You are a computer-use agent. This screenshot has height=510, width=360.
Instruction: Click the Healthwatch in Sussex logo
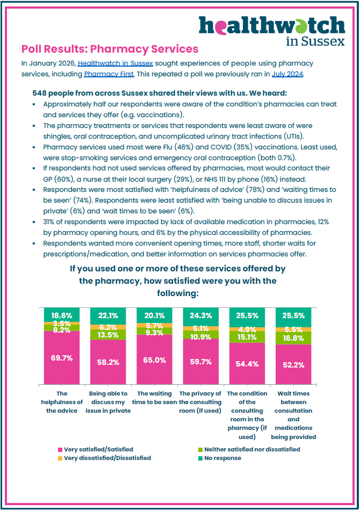(x=272, y=30)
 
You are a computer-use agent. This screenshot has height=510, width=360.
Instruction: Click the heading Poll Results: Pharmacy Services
(x=110, y=49)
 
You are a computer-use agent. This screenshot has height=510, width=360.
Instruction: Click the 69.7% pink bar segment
(x=62, y=357)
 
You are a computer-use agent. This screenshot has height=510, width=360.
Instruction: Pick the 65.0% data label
(x=155, y=360)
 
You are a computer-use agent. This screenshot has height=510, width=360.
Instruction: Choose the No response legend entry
(x=221, y=458)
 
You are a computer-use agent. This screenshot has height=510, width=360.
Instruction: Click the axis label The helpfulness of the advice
(x=62, y=403)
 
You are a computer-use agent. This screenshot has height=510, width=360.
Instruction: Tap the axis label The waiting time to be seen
(x=155, y=398)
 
